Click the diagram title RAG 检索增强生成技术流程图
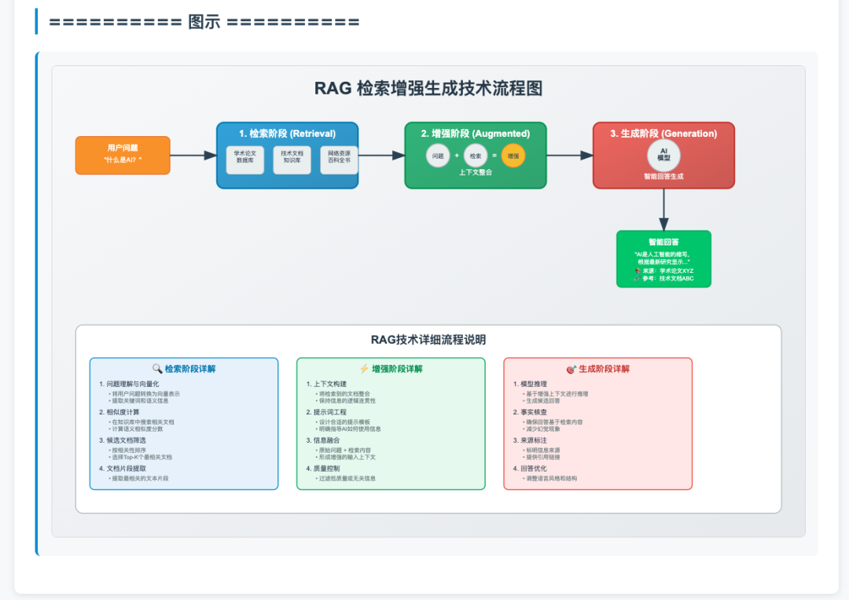(428, 88)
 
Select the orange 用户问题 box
(123, 155)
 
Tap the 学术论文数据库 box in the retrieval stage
(245, 160)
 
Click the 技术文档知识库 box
(292, 160)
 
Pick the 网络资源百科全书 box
(339, 160)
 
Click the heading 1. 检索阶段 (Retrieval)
(287, 134)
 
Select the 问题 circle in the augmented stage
(438, 156)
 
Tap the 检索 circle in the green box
(476, 156)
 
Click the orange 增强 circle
(513, 156)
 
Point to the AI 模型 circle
(663, 154)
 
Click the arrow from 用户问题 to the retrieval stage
(193, 156)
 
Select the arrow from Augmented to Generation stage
(569, 156)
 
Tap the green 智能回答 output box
(663, 259)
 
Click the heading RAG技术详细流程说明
(428, 340)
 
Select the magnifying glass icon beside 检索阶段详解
(157, 369)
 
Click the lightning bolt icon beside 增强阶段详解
(364, 369)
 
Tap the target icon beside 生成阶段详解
(572, 369)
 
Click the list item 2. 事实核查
(531, 412)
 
